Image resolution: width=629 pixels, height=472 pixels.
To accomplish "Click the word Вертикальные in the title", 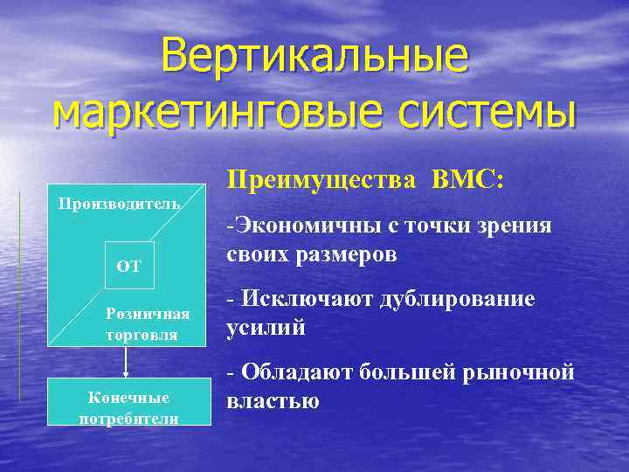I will pos(314,59).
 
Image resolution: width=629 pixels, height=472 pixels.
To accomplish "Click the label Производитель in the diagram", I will pos(118,204).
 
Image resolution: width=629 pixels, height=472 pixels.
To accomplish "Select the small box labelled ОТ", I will pos(128,265).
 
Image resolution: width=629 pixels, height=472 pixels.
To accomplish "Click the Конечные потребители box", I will pos(129,406).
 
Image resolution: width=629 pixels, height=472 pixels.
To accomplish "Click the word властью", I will pos(273,401).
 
